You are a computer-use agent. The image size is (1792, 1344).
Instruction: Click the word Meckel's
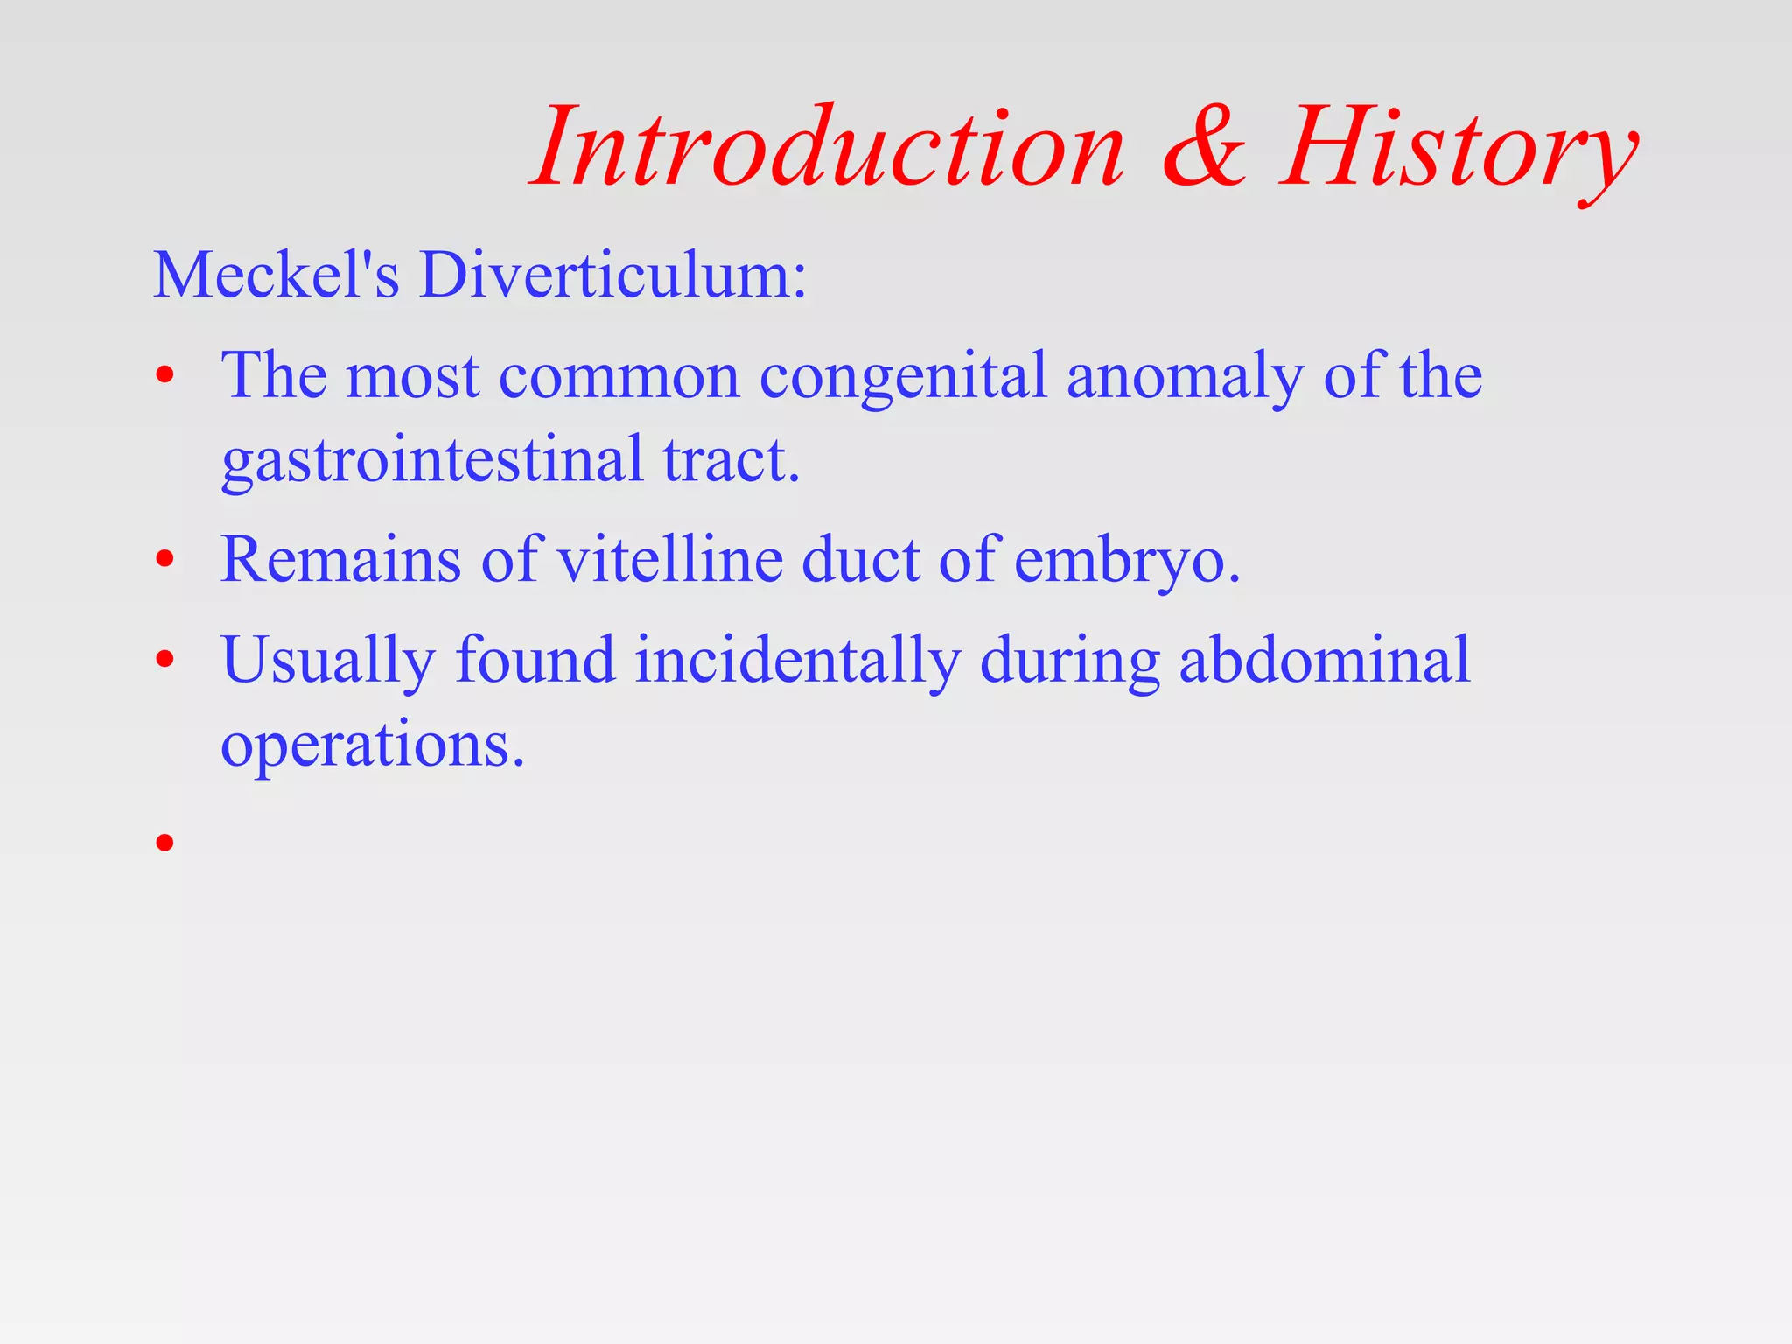pyautogui.click(x=276, y=275)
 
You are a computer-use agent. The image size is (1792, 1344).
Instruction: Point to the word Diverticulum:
pyautogui.click(x=612, y=275)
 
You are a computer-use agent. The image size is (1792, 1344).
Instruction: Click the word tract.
pyautogui.click(x=731, y=460)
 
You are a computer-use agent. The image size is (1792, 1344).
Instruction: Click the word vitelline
pyautogui.click(x=670, y=560)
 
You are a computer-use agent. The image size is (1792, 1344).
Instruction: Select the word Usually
pyautogui.click(x=328, y=661)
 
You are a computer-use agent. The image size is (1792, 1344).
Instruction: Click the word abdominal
pyautogui.click(x=1325, y=660)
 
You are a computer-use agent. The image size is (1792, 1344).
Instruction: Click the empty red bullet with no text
pyautogui.click(x=165, y=843)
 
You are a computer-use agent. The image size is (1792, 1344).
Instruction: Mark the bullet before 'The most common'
pyautogui.click(x=165, y=377)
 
